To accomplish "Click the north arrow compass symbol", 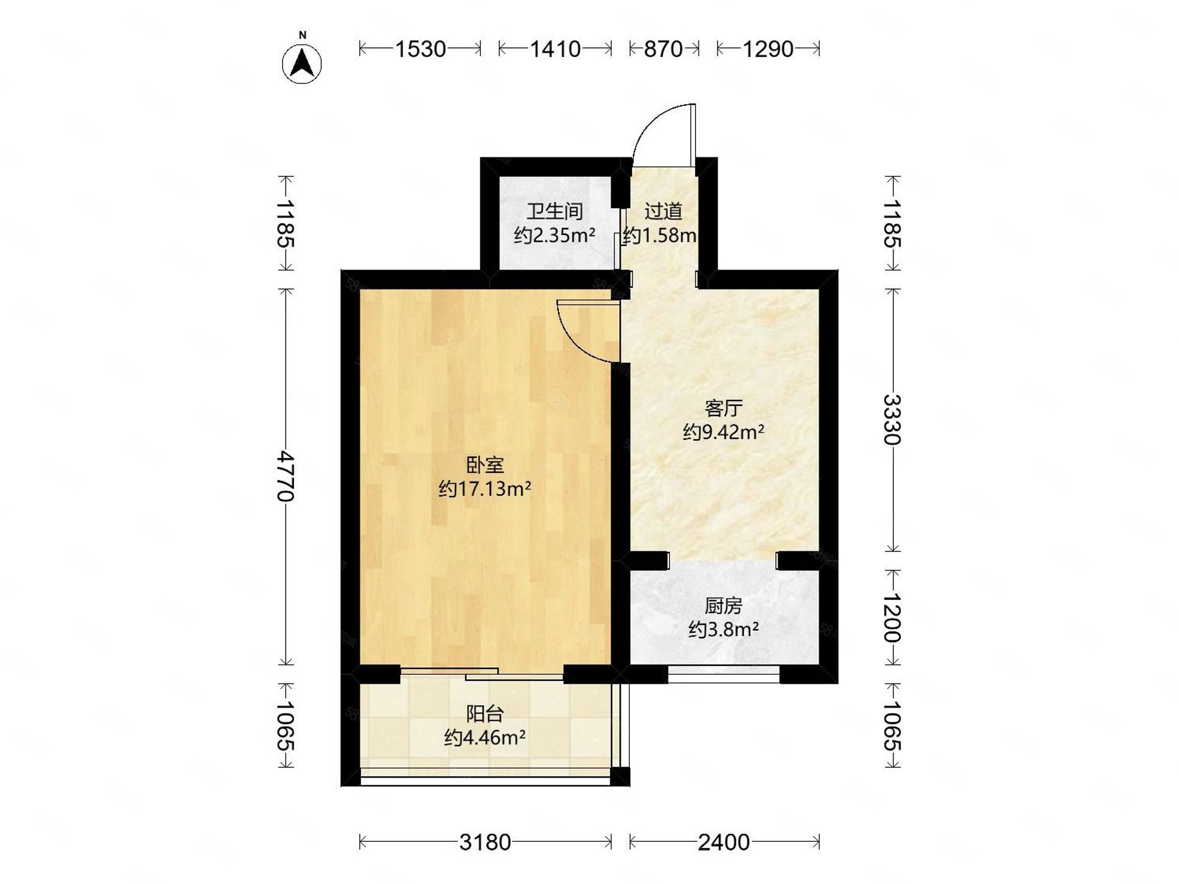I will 302,63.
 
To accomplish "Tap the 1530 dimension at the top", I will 420,49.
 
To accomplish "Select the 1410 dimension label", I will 555,49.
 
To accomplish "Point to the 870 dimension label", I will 663,49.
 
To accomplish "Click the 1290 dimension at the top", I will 767,49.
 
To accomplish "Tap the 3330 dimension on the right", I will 892,419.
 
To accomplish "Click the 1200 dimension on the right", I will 892,618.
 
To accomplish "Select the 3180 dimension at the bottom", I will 485,842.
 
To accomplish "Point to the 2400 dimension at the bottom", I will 724,842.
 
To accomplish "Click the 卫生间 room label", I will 554,212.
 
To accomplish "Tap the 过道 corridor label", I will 663,212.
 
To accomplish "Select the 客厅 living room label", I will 723,409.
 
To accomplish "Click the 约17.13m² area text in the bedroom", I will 484,489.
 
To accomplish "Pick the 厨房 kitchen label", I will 723,607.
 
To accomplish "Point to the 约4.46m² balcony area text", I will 484,738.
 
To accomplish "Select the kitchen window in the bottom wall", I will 723,675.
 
